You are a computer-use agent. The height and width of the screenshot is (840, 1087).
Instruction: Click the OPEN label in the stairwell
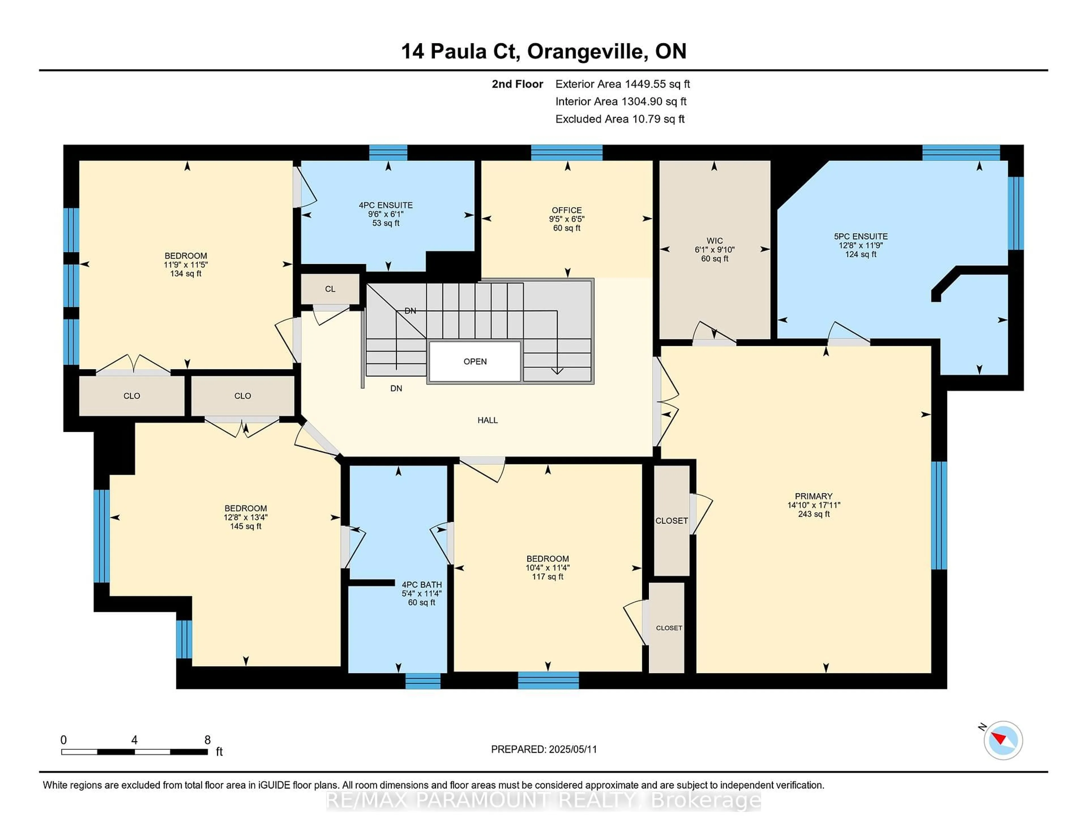[x=475, y=362]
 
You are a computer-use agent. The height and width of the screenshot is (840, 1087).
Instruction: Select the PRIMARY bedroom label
[x=813, y=496]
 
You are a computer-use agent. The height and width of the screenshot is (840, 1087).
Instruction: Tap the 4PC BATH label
[x=421, y=585]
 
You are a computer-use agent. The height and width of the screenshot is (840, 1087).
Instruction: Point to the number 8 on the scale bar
[x=207, y=740]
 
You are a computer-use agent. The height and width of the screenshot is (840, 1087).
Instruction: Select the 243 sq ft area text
[x=814, y=514]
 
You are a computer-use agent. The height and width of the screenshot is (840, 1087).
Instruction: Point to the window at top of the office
[x=566, y=153]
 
